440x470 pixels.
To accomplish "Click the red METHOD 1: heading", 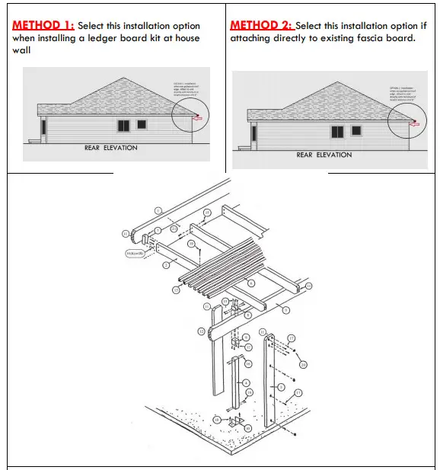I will [x=43, y=25].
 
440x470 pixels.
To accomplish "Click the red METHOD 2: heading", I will [x=261, y=25].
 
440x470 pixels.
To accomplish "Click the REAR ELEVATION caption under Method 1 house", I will [x=110, y=148].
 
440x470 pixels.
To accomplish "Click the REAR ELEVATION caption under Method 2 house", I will [x=324, y=155].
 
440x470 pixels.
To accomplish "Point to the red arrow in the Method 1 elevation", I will [x=199, y=117].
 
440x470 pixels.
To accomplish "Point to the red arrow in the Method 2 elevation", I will [x=413, y=122].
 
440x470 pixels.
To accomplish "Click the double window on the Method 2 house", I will [x=336, y=132].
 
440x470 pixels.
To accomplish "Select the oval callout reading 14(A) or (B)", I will [x=136, y=254].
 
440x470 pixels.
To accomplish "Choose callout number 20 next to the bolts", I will [x=303, y=364].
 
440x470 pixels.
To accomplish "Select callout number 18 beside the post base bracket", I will [x=216, y=419].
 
